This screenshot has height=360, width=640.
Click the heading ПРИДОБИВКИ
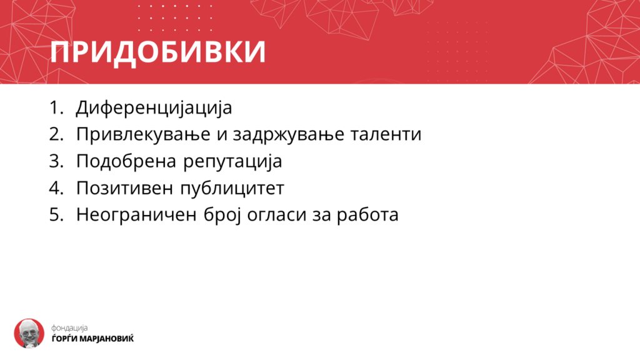pyautogui.click(x=158, y=52)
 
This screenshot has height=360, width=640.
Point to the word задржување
pyautogui.click(x=289, y=135)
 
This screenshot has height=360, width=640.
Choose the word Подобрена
pyautogui.click(x=126, y=161)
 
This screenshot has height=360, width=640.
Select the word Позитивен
pyautogui.click(x=124, y=188)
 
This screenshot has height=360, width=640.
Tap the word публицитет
pyautogui.click(x=232, y=188)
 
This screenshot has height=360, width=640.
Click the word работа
pyautogui.click(x=367, y=215)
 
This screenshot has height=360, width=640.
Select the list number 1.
pyautogui.click(x=56, y=107)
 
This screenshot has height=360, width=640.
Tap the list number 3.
pyautogui.click(x=56, y=161)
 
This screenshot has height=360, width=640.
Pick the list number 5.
pyautogui.click(x=56, y=215)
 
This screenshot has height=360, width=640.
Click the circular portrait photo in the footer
pyautogui.click(x=29, y=334)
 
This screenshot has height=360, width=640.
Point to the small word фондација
pyautogui.click(x=69, y=327)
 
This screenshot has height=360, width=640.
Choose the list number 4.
pyautogui.click(x=56, y=188)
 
